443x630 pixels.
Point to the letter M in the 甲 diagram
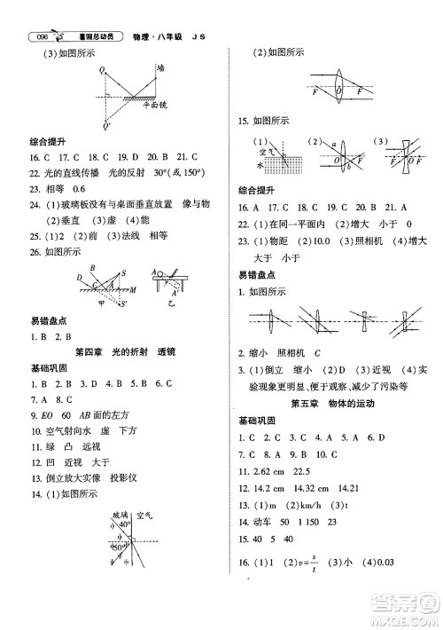[x=133, y=288]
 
